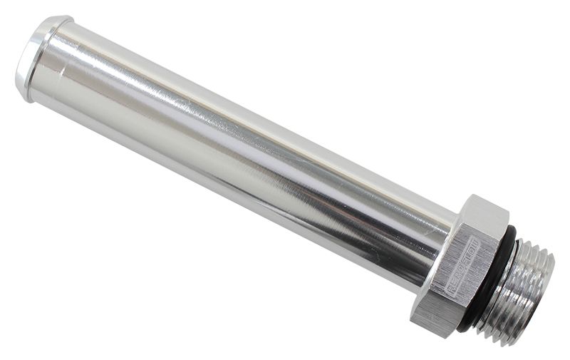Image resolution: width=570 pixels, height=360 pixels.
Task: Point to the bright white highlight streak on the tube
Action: [x=214, y=107]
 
